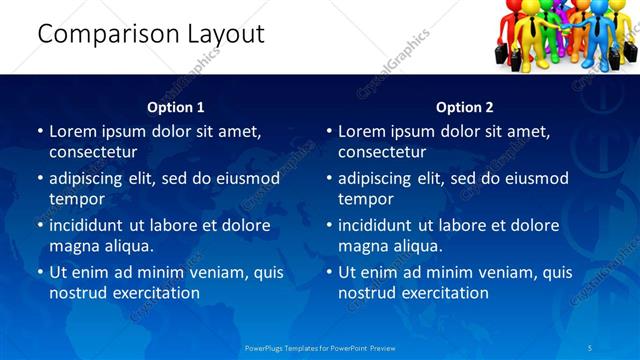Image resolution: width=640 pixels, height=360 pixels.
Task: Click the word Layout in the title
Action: (226, 34)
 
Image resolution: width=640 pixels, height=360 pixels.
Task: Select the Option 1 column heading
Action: (176, 107)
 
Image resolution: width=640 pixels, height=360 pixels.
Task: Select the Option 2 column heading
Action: (465, 107)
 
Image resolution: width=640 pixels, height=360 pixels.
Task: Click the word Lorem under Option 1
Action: (73, 131)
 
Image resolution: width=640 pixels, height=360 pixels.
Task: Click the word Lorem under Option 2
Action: (362, 131)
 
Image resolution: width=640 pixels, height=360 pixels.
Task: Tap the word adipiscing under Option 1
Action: (92, 178)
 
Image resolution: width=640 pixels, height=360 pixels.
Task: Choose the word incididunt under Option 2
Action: (384, 225)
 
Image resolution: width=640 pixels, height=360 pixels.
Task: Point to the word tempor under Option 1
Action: (76, 199)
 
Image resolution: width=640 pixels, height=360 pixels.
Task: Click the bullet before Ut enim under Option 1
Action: (40, 272)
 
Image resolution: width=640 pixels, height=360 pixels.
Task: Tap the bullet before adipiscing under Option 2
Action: (329, 178)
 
